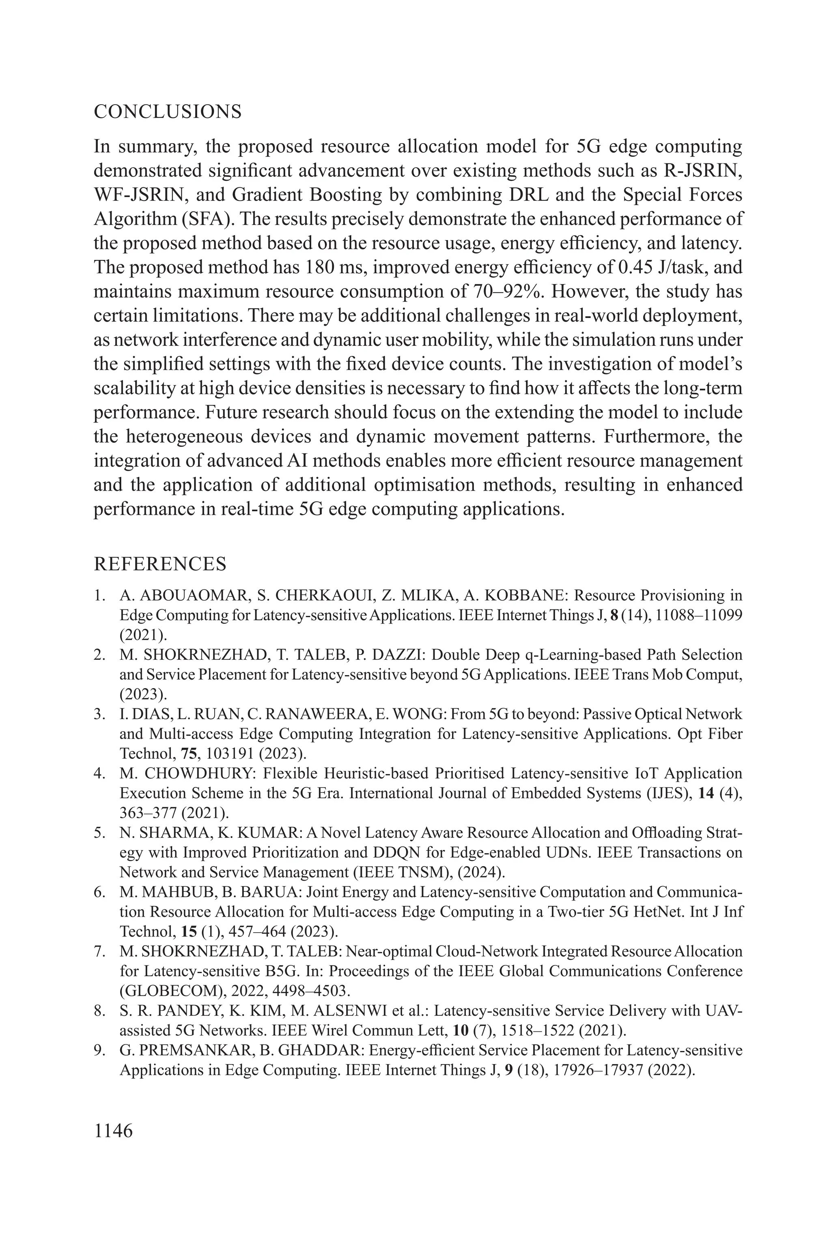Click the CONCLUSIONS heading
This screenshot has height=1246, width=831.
pos(168,112)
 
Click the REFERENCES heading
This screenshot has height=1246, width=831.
pos(160,564)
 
